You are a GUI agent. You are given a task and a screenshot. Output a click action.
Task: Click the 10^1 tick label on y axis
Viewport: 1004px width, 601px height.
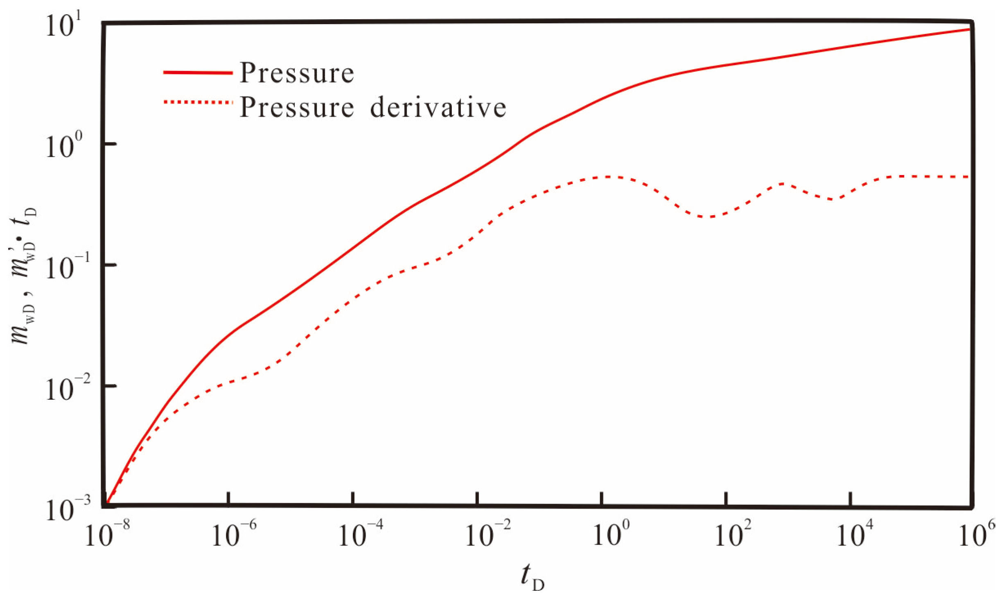64,25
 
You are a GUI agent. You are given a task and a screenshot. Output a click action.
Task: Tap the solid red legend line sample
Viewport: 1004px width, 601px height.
198,73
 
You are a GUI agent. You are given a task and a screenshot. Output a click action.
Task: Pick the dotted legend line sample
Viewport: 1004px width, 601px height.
198,102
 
